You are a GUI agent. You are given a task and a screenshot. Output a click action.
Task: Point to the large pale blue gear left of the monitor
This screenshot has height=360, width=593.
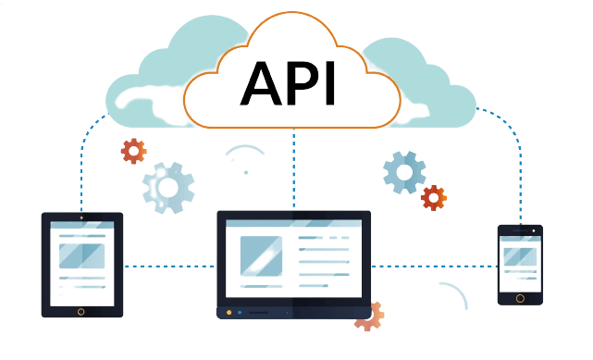(x=168, y=187)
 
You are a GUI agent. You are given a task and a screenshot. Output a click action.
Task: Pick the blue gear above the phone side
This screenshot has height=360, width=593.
(x=405, y=171)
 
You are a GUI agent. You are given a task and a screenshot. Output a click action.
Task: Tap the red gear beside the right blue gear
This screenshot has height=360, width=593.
(x=433, y=196)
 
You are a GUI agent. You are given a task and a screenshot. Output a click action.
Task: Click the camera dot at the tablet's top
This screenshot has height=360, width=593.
(x=81, y=218)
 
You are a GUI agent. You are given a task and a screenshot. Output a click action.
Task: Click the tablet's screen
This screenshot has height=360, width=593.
(x=81, y=262)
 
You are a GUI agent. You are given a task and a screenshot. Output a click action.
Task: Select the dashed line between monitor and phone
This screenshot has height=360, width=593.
(x=434, y=267)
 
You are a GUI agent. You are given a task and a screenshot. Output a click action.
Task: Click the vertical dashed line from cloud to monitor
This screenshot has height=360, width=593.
(x=293, y=171)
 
